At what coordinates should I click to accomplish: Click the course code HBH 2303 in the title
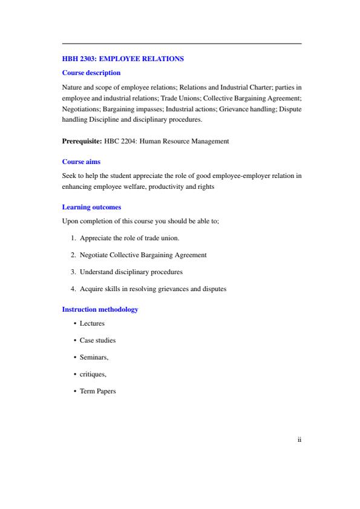pos(76,59)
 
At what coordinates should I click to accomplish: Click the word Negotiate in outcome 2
pos(94,255)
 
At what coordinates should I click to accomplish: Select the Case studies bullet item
pos(97,341)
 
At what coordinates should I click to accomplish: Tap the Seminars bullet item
pos(94,358)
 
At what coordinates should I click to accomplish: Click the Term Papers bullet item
pos(97,392)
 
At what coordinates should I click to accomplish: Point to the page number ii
pos(299,440)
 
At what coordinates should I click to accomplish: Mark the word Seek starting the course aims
pos(68,176)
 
